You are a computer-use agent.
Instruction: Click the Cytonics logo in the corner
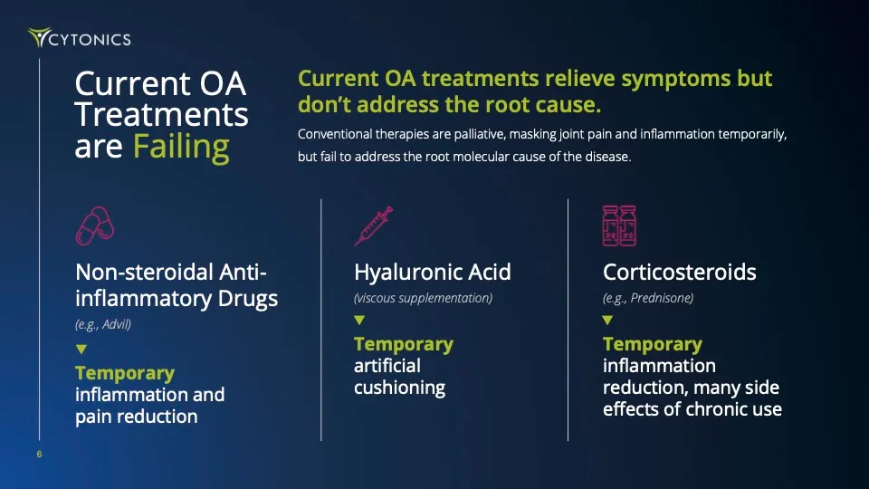[x=79, y=38]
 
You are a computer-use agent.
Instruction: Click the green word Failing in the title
[x=181, y=146]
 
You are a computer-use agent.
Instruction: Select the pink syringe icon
[x=373, y=225]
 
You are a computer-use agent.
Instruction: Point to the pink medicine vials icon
[x=620, y=225]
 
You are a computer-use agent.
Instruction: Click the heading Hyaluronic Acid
[x=432, y=272]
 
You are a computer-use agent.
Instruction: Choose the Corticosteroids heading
[x=679, y=272]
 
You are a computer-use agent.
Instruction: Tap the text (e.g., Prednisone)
[x=647, y=298]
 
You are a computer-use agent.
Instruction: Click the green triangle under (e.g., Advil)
[x=81, y=349]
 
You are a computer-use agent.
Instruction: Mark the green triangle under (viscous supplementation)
[x=359, y=320]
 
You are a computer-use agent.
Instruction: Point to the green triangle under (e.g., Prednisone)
[x=607, y=320]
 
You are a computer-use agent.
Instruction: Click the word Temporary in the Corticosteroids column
[x=652, y=344]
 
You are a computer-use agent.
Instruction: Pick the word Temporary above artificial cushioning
[x=403, y=344]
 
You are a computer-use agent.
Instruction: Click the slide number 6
[x=39, y=455]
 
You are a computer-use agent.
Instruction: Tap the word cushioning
[x=399, y=388]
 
